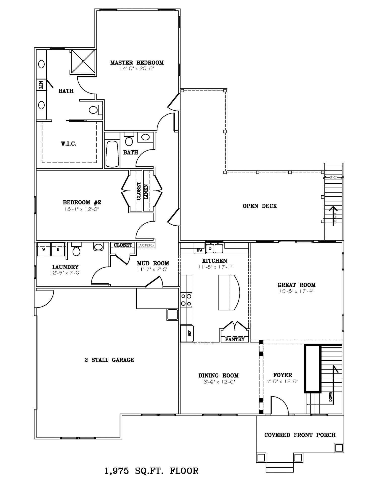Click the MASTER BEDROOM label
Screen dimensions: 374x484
click(x=137, y=63)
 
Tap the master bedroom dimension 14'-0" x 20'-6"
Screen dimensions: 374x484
click(x=137, y=69)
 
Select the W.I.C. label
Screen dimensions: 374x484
click(x=69, y=144)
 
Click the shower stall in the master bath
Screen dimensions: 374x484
click(x=83, y=62)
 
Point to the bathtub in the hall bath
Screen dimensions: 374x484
click(x=112, y=154)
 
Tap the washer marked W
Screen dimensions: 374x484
click(x=44, y=249)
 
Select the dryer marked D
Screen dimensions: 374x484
click(x=58, y=249)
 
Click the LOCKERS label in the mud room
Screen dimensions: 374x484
click(x=146, y=245)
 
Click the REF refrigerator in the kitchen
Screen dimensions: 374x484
click(x=187, y=333)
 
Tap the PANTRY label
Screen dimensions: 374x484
click(x=235, y=339)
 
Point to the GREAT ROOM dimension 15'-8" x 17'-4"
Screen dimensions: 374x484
click(x=296, y=291)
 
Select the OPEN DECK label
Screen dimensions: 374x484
click(x=260, y=206)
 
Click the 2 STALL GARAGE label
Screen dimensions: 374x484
click(x=109, y=360)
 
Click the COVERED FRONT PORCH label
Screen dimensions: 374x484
click(x=300, y=435)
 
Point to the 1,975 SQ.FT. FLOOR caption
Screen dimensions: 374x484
click(x=151, y=471)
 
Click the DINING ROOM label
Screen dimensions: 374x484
click(x=218, y=376)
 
